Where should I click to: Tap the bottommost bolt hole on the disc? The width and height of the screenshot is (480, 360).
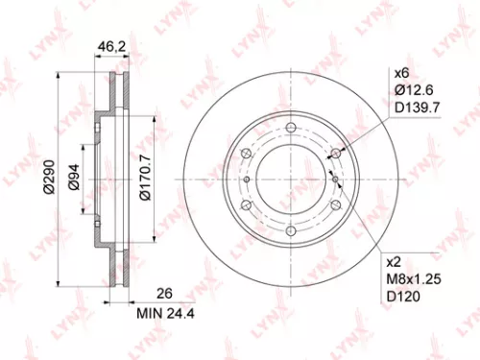pos(290,231)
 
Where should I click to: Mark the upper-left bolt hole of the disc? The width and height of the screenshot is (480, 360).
pos(246,155)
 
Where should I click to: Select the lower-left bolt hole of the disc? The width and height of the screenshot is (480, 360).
pos(246,205)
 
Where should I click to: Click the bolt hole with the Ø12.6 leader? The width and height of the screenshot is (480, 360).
pos(334,155)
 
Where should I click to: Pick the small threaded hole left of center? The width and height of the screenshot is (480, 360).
pos(247,180)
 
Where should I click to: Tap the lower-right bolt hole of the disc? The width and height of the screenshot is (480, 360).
pos(334,205)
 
